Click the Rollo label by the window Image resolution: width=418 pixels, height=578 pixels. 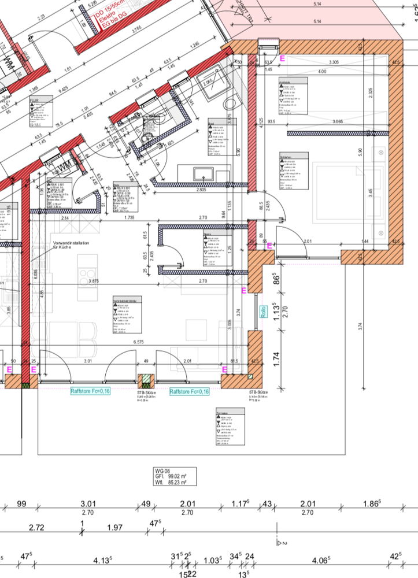(262, 312)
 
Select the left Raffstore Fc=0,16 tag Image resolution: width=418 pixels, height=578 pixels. (90, 391)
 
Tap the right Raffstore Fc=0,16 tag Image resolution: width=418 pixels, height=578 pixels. (189, 391)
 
